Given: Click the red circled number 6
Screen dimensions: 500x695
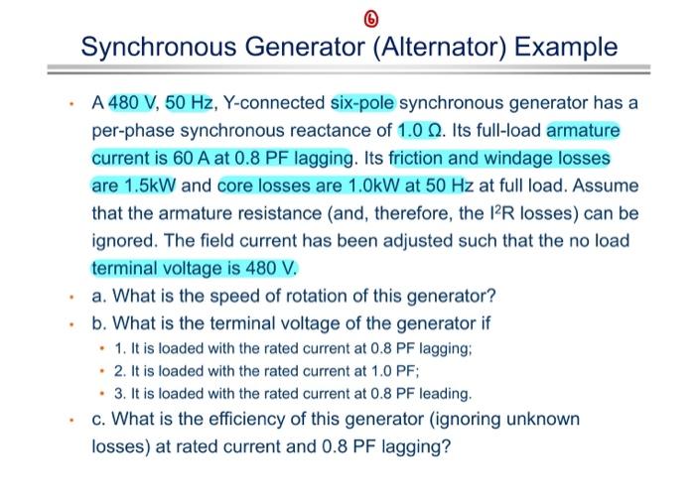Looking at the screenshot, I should tap(346, 16).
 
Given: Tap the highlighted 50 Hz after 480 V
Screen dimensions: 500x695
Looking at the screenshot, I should tap(185, 103).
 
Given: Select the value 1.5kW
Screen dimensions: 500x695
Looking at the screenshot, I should tap(151, 186).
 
